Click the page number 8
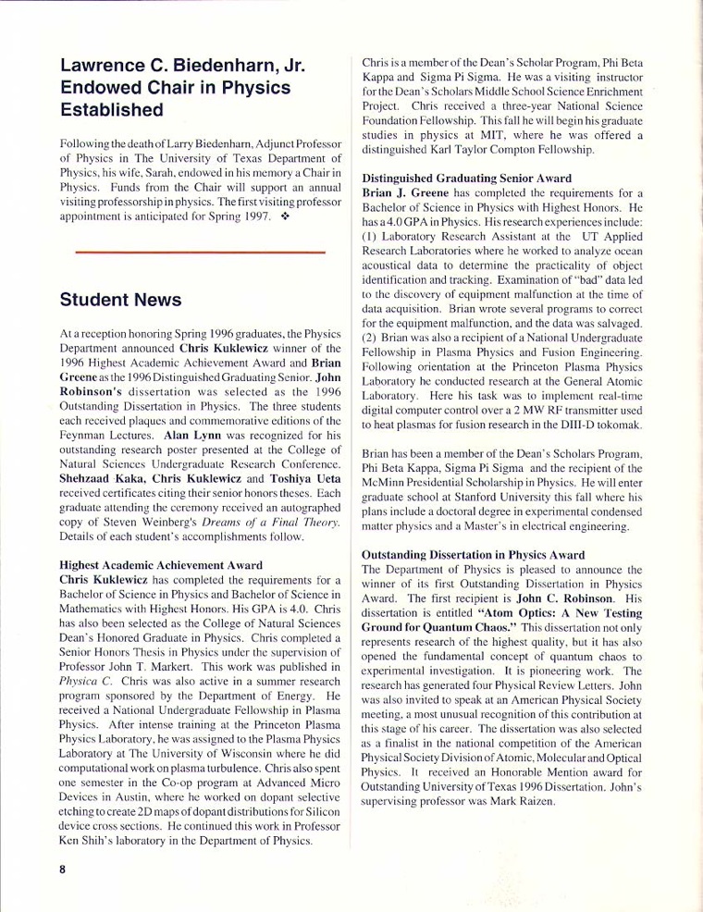pos(63,869)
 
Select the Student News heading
pos(120,300)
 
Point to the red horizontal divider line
pos(198,252)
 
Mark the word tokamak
pos(617,424)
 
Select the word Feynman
pos(84,434)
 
